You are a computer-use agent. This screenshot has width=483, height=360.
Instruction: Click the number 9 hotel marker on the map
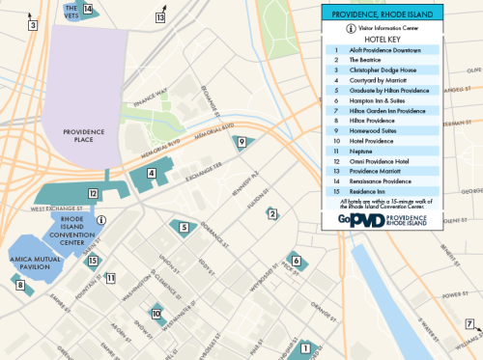click(242, 143)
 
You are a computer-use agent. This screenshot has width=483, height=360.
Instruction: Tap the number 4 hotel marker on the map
click(152, 174)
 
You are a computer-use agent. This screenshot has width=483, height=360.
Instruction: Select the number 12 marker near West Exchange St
click(93, 194)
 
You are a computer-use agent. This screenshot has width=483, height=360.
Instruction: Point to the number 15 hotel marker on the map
click(93, 261)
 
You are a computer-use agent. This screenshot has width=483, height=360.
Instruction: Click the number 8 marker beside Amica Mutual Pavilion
click(18, 285)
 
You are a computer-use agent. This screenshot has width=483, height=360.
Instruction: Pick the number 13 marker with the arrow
click(160, 17)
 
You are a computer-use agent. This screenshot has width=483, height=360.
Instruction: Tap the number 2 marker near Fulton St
click(272, 213)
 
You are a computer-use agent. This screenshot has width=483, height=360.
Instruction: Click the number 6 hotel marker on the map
click(296, 261)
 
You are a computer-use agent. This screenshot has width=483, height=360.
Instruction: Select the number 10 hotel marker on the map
click(156, 313)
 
